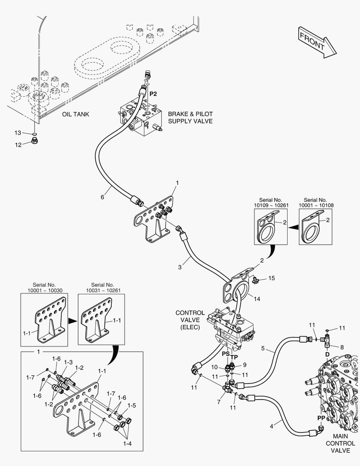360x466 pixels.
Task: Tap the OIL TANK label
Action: [75, 114]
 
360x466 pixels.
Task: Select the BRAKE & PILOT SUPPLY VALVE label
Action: [191, 117]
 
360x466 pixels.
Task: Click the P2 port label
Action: [153, 94]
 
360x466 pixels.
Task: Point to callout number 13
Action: [18, 133]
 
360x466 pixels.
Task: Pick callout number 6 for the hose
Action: [103, 197]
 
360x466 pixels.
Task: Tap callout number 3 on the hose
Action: [180, 267]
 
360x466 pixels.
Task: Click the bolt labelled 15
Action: [255, 279]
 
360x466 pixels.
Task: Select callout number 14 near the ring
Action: [257, 299]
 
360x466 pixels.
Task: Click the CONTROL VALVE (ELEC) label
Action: [190, 320]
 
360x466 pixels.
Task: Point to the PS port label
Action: [226, 354]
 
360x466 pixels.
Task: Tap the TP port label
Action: [234, 357]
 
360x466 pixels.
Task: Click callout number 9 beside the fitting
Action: [244, 365]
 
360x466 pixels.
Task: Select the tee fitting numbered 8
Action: [327, 340]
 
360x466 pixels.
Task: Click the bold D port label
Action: [327, 355]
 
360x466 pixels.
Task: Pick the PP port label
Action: [321, 418]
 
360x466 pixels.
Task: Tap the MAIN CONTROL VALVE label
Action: [341, 444]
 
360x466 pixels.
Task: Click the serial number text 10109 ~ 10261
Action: [271, 205]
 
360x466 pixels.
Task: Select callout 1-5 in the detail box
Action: [131, 405]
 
